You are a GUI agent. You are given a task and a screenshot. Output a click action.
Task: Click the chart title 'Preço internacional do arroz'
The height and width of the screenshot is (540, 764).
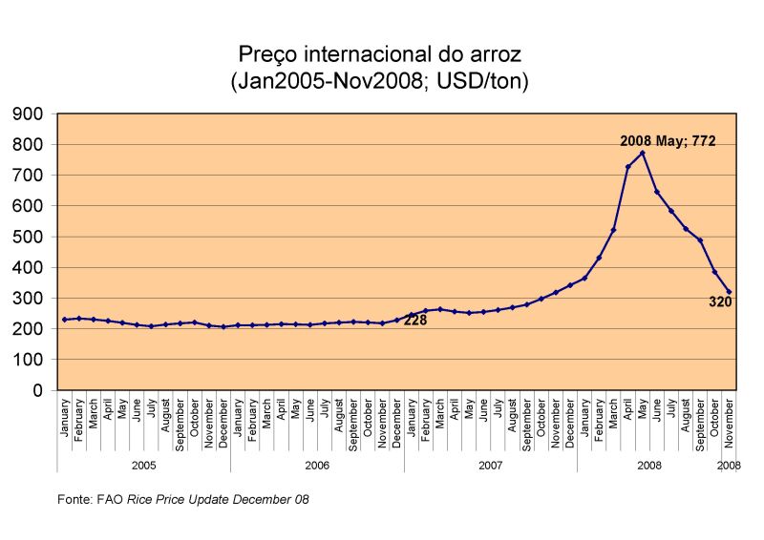[379, 52]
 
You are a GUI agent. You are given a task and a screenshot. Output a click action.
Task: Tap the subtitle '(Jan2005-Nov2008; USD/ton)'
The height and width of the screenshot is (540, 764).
[379, 81]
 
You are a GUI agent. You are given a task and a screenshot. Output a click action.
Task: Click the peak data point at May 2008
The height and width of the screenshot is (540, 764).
[643, 153]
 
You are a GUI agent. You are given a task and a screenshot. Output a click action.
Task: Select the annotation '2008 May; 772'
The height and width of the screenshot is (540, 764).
[668, 140]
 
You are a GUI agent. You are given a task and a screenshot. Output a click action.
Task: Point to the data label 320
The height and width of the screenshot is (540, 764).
[720, 301]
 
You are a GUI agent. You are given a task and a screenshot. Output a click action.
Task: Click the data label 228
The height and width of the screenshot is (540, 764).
[414, 321]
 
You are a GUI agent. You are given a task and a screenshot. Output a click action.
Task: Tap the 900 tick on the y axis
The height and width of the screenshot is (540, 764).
[31, 114]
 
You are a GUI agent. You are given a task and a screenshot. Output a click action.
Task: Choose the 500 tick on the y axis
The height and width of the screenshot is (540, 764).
[31, 237]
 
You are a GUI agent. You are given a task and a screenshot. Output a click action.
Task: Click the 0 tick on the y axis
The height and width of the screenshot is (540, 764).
[40, 390]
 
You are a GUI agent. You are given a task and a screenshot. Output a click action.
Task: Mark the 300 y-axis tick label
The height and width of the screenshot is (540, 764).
[31, 299]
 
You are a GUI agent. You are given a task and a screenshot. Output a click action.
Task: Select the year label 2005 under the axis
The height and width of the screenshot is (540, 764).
[143, 465]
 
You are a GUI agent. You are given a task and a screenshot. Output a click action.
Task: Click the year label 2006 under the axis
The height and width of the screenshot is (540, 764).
[317, 465]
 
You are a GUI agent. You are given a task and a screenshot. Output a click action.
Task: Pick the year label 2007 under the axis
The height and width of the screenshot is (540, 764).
[490, 465]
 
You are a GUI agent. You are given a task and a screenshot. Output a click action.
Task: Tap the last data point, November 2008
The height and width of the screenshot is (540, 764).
[730, 292]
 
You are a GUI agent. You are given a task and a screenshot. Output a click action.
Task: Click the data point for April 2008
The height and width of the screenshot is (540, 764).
[628, 167]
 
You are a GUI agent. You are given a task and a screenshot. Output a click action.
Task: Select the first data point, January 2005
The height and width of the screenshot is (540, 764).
[65, 320]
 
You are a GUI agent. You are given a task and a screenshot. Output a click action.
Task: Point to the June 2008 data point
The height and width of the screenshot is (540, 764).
[657, 192]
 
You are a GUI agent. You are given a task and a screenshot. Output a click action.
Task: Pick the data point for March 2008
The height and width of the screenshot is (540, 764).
[614, 230]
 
